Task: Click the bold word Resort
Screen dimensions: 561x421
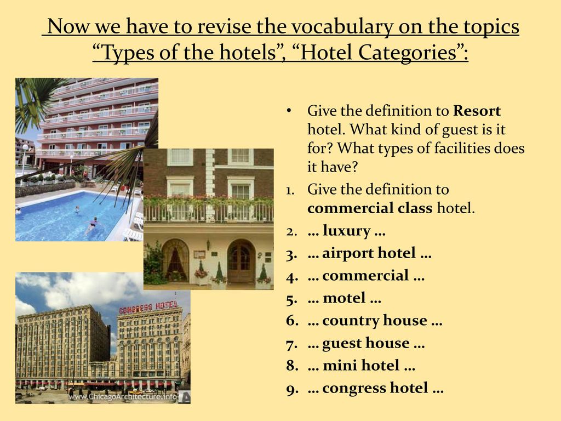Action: click(477, 111)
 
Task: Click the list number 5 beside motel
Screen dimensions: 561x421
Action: click(291, 299)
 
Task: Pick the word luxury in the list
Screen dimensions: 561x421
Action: click(346, 231)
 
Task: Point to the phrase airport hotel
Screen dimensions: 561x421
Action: click(369, 253)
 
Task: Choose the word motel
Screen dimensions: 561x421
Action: click(344, 298)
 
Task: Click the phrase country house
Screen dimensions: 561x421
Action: click(375, 321)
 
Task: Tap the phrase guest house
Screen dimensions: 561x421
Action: click(365, 343)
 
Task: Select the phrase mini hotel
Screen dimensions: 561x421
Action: click(361, 366)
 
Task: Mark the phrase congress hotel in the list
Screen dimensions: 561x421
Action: click(375, 389)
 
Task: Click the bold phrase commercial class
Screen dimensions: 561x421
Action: click(370, 208)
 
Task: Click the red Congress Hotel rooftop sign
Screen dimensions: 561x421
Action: click(148, 306)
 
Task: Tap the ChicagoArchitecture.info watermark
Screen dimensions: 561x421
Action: click(123, 397)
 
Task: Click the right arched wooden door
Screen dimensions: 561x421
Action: click(241, 261)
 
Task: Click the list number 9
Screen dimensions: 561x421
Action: click(291, 390)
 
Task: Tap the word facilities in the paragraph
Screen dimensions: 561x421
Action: click(462, 148)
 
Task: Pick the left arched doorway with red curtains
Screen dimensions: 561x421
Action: click(175, 260)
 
